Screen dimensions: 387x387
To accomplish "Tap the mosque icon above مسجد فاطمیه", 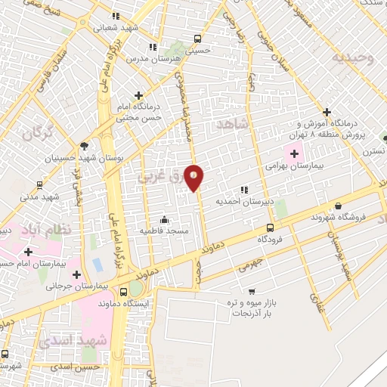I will pyautogui.click(x=165, y=220).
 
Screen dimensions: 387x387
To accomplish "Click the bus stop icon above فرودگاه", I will pyautogui.click(x=270, y=228).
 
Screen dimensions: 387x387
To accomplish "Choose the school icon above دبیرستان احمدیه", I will pyautogui.click(x=243, y=190).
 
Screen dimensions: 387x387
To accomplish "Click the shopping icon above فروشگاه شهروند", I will pyautogui.click(x=337, y=206).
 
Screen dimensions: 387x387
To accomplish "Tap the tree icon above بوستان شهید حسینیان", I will pyautogui.click(x=83, y=147).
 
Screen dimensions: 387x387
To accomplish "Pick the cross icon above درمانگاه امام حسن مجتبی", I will pyautogui.click(x=138, y=96).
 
